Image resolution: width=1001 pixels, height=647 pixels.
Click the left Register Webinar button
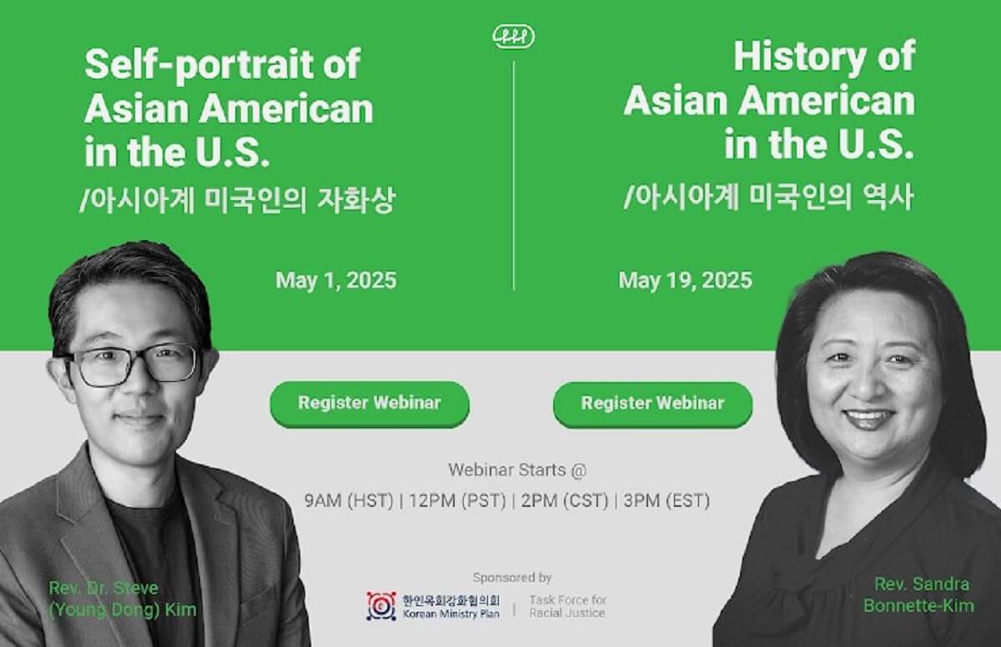point(369,404)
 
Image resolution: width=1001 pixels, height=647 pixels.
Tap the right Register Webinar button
point(652,404)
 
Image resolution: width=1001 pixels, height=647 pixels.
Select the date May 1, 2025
point(336,280)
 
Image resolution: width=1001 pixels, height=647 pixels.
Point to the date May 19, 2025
point(685,280)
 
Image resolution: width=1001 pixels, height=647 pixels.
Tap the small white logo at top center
point(514,36)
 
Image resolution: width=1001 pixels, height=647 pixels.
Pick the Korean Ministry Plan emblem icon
point(381,606)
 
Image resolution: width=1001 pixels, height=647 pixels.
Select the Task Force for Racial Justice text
point(568,606)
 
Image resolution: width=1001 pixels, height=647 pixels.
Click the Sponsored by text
point(512,577)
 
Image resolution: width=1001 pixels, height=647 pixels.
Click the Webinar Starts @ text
point(517,469)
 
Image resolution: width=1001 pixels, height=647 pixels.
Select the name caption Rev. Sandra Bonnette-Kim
point(923,594)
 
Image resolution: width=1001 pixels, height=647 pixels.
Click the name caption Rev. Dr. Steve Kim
point(123,599)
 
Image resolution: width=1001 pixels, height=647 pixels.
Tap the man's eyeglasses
point(133,364)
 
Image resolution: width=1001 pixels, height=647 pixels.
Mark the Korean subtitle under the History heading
point(768,199)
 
